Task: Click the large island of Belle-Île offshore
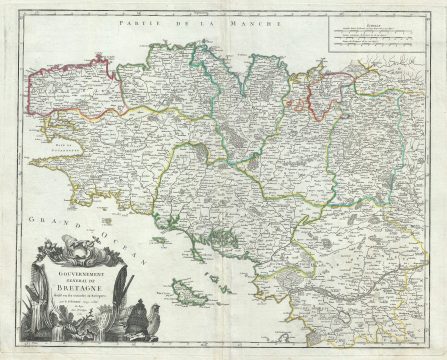(184, 292)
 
